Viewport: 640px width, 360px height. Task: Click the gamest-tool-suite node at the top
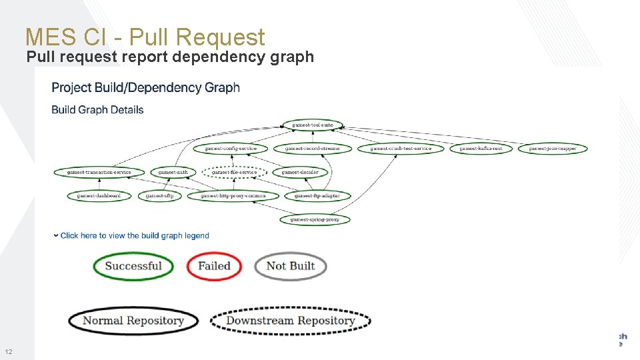point(313,125)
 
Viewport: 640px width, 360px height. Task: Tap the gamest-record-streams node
point(308,148)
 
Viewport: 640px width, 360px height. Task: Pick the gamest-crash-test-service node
point(401,148)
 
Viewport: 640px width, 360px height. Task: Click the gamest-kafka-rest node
point(481,148)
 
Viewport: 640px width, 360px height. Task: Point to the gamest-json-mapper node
point(553,148)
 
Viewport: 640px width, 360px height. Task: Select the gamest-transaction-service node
point(99,172)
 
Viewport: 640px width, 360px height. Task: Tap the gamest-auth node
point(173,172)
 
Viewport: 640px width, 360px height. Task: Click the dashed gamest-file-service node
point(234,172)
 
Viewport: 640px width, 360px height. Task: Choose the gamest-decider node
point(300,172)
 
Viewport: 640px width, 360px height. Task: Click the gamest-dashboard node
point(99,196)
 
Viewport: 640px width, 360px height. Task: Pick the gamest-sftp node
point(159,196)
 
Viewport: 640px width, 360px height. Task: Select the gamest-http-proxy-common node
point(233,196)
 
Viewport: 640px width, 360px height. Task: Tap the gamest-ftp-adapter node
point(317,196)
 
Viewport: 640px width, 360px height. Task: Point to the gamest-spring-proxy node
point(315,219)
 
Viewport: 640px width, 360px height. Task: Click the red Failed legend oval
point(214,266)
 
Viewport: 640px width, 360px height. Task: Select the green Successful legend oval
point(133,266)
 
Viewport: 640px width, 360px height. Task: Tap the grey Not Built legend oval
point(291,266)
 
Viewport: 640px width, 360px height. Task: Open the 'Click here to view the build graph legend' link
point(134,235)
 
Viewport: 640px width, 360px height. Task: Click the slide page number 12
point(9,351)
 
